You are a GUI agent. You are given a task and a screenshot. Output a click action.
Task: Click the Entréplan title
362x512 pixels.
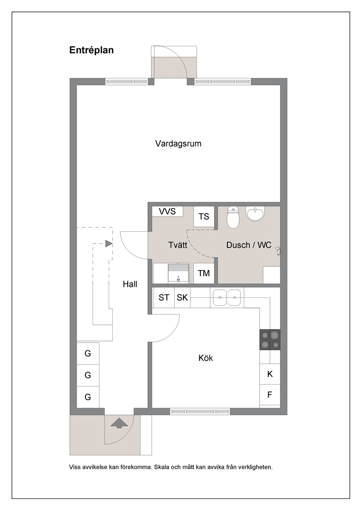pos(92,50)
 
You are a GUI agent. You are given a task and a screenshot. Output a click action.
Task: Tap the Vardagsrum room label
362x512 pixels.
pos(178,144)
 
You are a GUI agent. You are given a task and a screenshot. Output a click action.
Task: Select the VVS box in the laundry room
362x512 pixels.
pos(167,211)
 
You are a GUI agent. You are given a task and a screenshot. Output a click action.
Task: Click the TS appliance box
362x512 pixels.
pos(204,216)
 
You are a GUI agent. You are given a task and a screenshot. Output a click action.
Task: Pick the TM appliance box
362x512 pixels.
pos(204,273)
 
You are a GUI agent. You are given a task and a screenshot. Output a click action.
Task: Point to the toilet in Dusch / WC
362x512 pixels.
pos(233,217)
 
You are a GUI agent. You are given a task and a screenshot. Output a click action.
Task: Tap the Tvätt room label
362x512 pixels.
pos(178,245)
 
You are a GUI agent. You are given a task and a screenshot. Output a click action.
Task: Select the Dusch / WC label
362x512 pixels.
pos(249,245)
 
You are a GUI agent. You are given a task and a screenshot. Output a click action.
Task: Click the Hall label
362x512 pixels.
pos(130,284)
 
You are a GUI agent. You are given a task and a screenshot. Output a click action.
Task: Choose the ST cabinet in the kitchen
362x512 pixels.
pos(164,297)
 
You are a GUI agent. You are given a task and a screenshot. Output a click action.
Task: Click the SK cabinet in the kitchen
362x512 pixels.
pos(182,297)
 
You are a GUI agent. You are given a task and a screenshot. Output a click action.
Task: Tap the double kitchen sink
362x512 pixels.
pos(227,297)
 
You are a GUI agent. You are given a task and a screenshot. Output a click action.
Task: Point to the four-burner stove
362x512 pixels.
pos(270,339)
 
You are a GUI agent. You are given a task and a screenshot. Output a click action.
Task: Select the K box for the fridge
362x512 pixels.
pos(270,374)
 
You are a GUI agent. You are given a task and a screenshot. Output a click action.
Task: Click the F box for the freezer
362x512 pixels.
pos(270,395)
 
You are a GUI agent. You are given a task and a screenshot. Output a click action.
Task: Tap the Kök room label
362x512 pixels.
pos(205,358)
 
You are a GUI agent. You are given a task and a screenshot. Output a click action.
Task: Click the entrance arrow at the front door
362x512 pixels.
pos(119,423)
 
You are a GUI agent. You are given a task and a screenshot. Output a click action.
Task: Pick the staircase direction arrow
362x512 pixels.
pos(109,244)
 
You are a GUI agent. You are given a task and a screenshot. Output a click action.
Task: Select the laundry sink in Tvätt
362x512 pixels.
pos(178,273)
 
